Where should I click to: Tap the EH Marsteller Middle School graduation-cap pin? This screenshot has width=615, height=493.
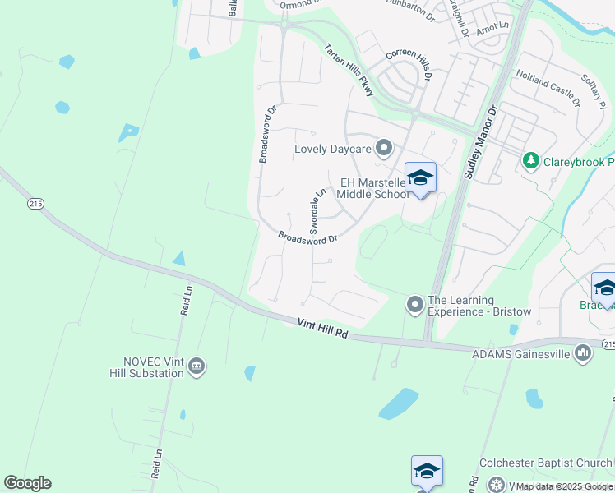click(420, 177)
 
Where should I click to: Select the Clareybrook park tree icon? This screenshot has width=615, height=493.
click(531, 160)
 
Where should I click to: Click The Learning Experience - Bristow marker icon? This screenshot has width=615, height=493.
click(415, 306)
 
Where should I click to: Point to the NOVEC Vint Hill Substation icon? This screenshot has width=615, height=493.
click(196, 366)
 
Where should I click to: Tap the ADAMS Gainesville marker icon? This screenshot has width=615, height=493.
click(583, 353)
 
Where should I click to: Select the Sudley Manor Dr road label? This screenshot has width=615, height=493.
click(482, 141)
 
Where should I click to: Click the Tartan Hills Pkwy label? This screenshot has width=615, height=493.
click(349, 70)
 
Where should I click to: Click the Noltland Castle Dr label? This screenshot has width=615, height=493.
click(548, 86)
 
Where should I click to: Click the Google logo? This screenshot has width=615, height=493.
click(27, 483)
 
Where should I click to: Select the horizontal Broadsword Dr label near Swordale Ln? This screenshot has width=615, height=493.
click(308, 238)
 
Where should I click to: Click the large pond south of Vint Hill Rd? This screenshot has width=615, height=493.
click(399, 403)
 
